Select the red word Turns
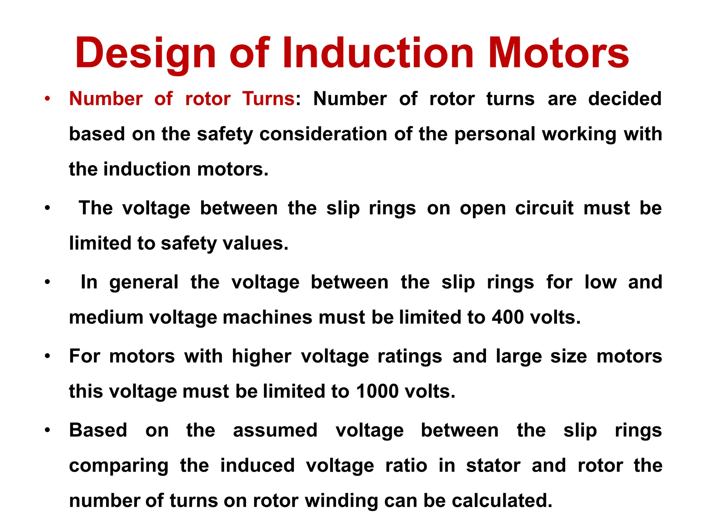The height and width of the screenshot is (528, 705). [x=268, y=99]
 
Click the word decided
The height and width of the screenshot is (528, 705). [x=625, y=99]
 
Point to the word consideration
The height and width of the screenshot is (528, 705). [x=323, y=134]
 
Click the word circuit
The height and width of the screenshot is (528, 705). [x=544, y=208]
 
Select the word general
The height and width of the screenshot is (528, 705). [x=144, y=283]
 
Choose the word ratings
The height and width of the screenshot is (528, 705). [x=410, y=356]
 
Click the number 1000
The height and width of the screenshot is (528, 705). [x=377, y=392]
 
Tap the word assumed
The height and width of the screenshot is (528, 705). [x=275, y=430]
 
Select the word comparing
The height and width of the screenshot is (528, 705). [x=119, y=466]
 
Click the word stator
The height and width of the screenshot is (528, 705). [x=493, y=466]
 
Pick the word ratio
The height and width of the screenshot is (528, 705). [x=406, y=466]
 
